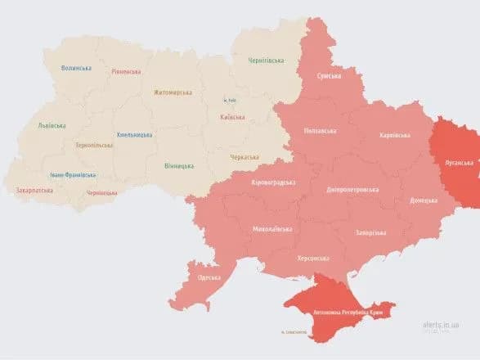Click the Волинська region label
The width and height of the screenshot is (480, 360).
[77, 68]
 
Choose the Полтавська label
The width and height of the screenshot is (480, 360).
[319, 131]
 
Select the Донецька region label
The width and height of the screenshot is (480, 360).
[423, 200]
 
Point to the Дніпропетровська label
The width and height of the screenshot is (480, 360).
[352, 189]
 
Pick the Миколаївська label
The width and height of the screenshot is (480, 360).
[271, 228]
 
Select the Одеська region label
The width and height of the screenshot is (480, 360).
[209, 277]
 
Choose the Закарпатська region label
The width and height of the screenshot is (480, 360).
[35, 191]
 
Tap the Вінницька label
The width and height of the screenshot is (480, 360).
[178, 166]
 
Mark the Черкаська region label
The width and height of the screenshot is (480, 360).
[244, 156]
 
